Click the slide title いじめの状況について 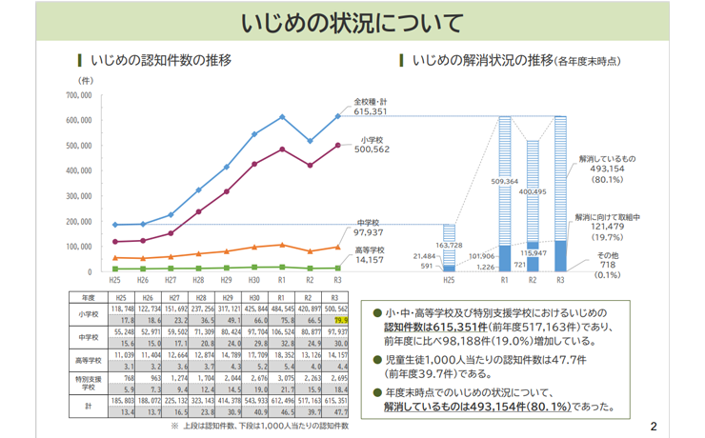coord(352,22)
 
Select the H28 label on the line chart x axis coord(197,281)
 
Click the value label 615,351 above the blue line coord(371,112)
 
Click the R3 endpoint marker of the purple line coord(337,145)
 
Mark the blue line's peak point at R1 coord(282,117)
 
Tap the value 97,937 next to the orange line coord(368,232)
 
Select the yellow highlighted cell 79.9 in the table coord(339,321)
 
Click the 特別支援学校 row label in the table coord(88,383)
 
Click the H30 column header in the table coord(255,297)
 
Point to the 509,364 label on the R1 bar coord(505,180)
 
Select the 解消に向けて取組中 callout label coord(609,218)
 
